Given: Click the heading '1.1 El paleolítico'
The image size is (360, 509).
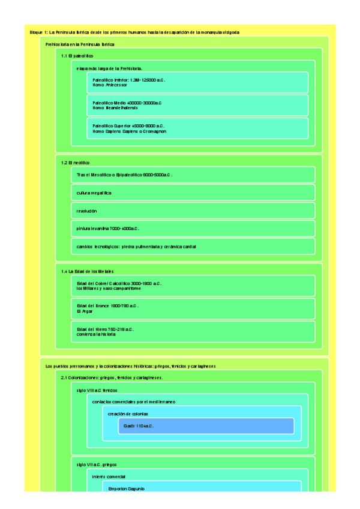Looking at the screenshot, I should [77, 56].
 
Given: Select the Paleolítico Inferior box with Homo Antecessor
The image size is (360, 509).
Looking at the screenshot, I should [197, 82].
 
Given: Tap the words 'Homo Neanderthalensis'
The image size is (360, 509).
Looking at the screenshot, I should [115, 108].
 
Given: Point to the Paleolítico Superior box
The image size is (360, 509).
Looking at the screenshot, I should [197, 128].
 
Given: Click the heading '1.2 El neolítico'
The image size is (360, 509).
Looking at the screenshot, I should [75, 163].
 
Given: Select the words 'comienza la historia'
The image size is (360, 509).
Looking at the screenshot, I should [96, 334].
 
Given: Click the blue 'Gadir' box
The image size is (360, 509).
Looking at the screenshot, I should [206, 426].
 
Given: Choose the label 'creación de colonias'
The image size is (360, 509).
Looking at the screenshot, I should [128, 414].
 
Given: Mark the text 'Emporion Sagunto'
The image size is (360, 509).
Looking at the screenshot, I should [126, 489].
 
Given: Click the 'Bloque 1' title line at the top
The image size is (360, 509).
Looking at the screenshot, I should [134, 32].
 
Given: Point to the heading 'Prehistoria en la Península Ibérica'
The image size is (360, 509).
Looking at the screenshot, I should [80, 44].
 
